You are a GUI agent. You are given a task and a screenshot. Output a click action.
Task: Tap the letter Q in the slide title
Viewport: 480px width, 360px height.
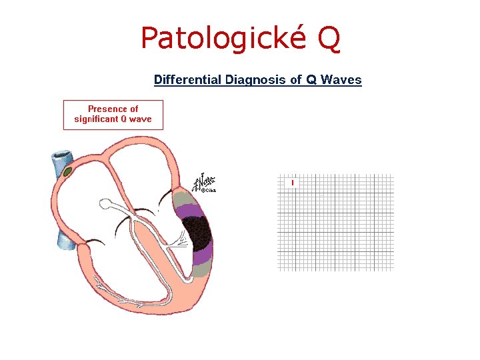(329, 38)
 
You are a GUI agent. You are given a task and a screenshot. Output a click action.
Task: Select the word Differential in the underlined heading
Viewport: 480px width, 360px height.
(187, 80)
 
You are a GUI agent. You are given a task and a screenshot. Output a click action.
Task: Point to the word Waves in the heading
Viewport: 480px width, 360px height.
(341, 80)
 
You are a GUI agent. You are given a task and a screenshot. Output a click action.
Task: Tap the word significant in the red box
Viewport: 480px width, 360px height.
(96, 119)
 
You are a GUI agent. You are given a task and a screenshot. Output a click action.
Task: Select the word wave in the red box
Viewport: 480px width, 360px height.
(140, 119)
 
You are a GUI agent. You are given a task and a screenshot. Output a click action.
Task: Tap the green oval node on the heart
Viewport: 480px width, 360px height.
(68, 172)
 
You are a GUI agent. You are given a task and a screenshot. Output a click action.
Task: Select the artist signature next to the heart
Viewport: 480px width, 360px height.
(201, 181)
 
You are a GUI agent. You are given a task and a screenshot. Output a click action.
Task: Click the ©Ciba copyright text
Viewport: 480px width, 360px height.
(209, 191)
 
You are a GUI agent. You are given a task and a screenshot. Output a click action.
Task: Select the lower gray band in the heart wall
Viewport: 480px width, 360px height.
(203, 270)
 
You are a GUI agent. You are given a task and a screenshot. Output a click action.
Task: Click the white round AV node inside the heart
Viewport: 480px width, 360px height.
(107, 207)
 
